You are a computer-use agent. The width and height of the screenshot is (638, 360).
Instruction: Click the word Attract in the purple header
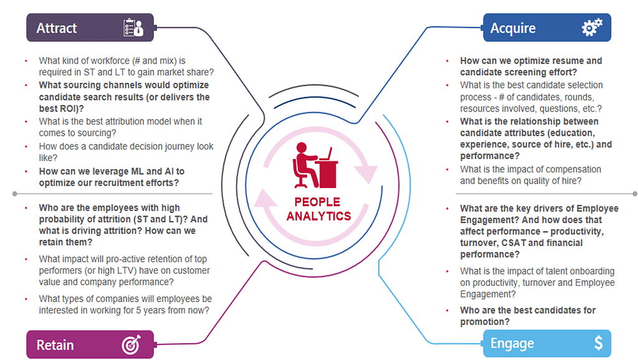[x=57, y=28]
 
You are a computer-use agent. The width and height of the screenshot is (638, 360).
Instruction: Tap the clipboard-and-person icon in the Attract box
[x=133, y=27]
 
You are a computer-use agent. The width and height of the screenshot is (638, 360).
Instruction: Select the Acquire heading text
[x=513, y=28]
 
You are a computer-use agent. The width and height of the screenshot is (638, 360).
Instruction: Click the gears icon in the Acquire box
[x=592, y=27]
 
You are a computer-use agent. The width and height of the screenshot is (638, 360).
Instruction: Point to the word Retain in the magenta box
[x=55, y=345]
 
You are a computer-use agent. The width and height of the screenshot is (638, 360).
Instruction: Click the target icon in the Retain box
[x=131, y=344]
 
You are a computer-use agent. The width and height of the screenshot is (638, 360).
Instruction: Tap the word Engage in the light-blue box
[x=512, y=343]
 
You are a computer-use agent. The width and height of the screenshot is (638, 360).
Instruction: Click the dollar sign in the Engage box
[x=599, y=343]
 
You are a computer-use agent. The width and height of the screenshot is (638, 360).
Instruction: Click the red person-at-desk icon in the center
[x=315, y=165]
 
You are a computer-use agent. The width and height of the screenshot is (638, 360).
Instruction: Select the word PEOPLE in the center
[x=317, y=202]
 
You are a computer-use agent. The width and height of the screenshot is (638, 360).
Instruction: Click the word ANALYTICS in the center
[x=318, y=216]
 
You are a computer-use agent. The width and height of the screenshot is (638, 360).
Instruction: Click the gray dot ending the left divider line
[x=15, y=194]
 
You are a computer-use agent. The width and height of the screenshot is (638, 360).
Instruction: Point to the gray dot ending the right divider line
[x=635, y=194]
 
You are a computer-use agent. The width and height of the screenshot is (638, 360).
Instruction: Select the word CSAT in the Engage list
[x=513, y=243]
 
